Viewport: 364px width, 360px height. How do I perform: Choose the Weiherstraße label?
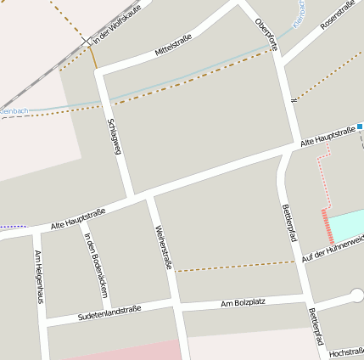pyautogui.click(x=164, y=247)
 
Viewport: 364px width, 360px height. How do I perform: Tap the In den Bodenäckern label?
pyautogui.click(x=96, y=264)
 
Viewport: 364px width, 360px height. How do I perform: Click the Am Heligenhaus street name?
pyautogui.click(x=38, y=276)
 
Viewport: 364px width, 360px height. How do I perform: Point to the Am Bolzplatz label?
pyautogui.click(x=244, y=303)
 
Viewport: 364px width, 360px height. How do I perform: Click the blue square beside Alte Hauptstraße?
pyautogui.click(x=360, y=127)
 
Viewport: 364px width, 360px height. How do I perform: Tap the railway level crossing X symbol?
pyautogui.click(x=86, y=41)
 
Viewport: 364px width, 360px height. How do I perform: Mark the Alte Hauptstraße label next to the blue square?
pyautogui.click(x=328, y=138)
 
